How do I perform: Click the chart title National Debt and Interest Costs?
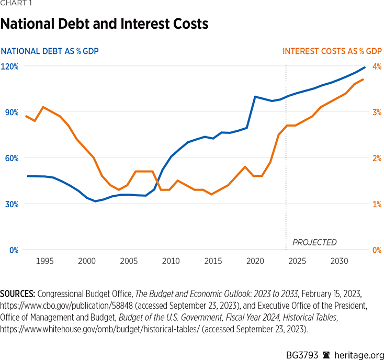104,24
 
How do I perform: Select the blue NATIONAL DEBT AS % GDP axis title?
50,51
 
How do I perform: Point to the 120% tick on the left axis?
9,66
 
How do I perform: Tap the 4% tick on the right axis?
376,66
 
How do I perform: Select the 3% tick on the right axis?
376,113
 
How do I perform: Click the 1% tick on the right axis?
376,204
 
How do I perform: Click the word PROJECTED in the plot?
314,242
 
